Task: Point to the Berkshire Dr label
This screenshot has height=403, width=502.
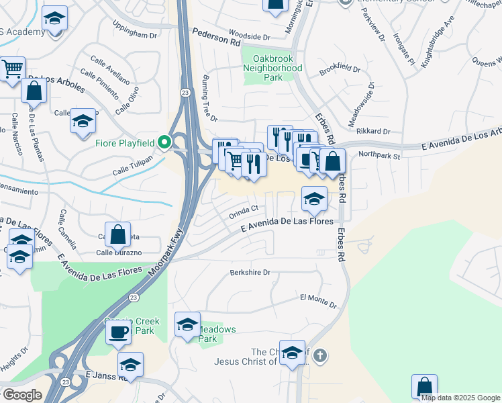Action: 250,273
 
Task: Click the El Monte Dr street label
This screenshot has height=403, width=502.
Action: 318,300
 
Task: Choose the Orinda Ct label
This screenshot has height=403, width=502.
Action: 243,212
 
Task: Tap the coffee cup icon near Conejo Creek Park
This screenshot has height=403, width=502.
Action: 118,330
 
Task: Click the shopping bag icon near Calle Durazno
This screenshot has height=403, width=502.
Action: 118,234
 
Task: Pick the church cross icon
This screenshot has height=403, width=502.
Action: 320,355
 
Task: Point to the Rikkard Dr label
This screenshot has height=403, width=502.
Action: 374,132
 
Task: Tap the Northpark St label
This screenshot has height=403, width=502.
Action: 379,156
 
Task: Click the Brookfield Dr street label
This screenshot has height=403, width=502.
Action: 340,69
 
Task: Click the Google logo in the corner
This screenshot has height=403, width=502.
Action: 21,395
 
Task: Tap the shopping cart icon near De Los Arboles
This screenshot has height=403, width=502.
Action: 12,69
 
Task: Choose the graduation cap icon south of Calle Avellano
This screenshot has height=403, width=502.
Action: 83,121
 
